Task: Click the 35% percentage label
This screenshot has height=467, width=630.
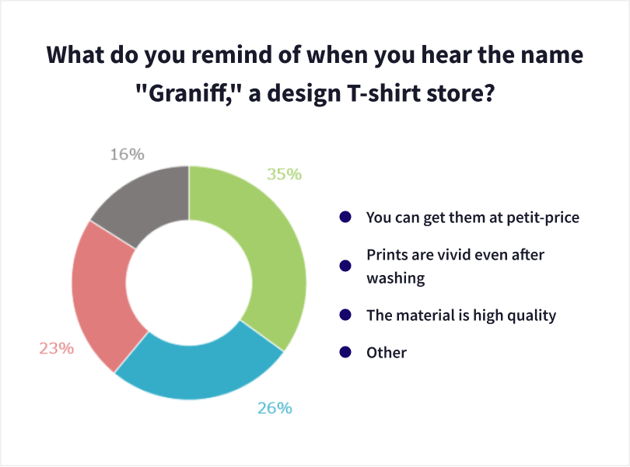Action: coord(285,174)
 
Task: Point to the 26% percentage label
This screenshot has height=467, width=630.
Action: coord(275,409)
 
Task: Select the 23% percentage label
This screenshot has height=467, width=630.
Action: coord(57,349)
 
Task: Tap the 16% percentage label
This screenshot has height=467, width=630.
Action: coord(128,155)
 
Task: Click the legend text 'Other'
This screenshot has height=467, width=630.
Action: coord(387,353)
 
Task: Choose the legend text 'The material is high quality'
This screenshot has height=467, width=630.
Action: coord(461,316)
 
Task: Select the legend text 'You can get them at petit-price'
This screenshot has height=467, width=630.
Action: coord(473,218)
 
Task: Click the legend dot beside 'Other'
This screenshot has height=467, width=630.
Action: coord(345,352)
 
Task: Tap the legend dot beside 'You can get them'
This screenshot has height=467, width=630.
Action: coord(345,217)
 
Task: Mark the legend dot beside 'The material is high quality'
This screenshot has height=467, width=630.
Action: coord(345,315)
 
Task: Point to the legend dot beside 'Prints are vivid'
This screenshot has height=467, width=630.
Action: coord(345,266)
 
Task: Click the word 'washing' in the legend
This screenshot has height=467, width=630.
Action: coord(396,278)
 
